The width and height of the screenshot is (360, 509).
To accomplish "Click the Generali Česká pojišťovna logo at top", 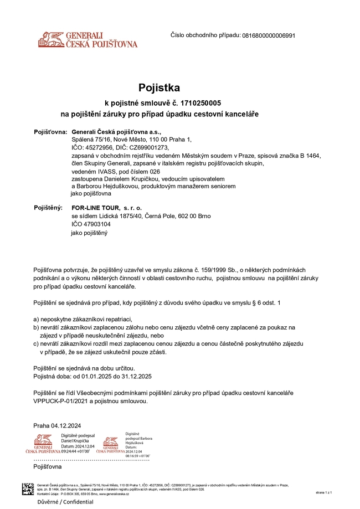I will [88, 39].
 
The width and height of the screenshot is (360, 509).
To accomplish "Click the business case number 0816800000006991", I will [269, 35].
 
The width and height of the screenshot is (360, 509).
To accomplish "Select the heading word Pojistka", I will [160, 88].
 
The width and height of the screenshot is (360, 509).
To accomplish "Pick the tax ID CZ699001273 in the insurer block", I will [147, 148].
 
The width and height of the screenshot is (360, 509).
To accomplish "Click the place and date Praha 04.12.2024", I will [58, 425].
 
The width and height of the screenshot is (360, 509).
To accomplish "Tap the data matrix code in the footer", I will [28, 489].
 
